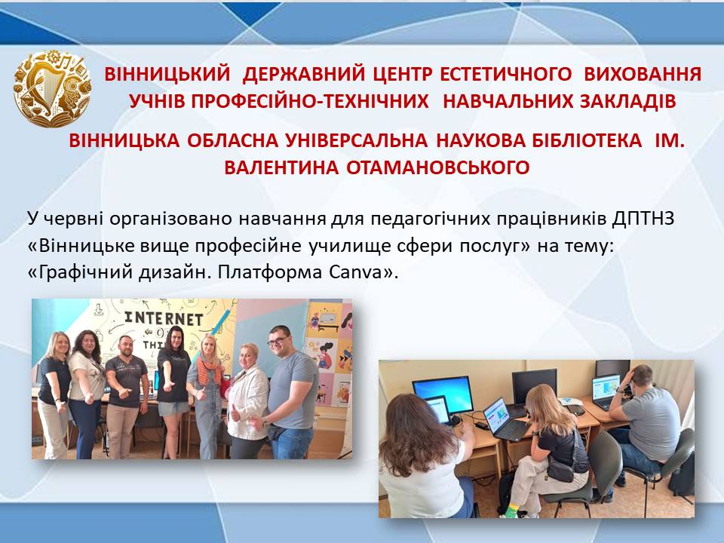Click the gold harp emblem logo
pos(52,88)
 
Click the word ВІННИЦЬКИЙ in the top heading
pos(167,74)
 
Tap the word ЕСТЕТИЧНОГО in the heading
pos(505,74)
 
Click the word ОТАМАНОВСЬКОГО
pos(437,167)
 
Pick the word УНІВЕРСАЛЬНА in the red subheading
pos(357,140)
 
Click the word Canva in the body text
pos(354,272)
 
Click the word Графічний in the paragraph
pos(87,273)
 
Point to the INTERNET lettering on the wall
pos(164,318)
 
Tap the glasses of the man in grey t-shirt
pos(279,341)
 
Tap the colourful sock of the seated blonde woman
pos(511,510)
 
